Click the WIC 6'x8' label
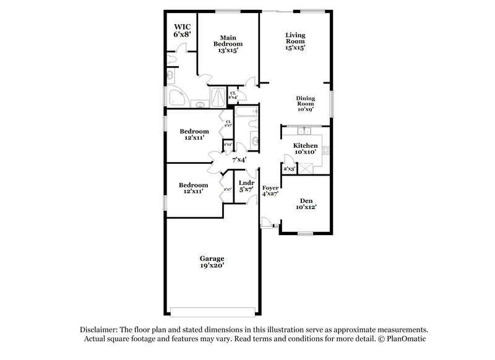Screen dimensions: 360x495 pyautogui.click(x=181, y=31)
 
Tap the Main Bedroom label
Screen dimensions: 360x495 pyautogui.click(x=228, y=41)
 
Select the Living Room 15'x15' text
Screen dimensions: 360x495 pyautogui.click(x=295, y=41)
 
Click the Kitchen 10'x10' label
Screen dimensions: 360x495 pyautogui.click(x=305, y=148)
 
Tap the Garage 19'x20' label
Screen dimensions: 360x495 pyautogui.click(x=211, y=262)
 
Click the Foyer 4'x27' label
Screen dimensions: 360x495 pyautogui.click(x=270, y=190)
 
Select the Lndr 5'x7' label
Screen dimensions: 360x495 pyautogui.click(x=246, y=186)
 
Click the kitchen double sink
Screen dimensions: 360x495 pyautogui.click(x=304, y=131)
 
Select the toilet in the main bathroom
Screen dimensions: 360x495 pyautogui.click(x=173, y=58)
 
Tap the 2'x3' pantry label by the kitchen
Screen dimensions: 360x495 pyautogui.click(x=288, y=168)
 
